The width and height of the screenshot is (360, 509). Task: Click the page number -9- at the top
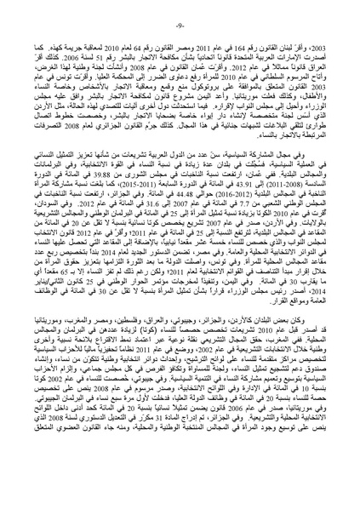[x=180, y=11]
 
